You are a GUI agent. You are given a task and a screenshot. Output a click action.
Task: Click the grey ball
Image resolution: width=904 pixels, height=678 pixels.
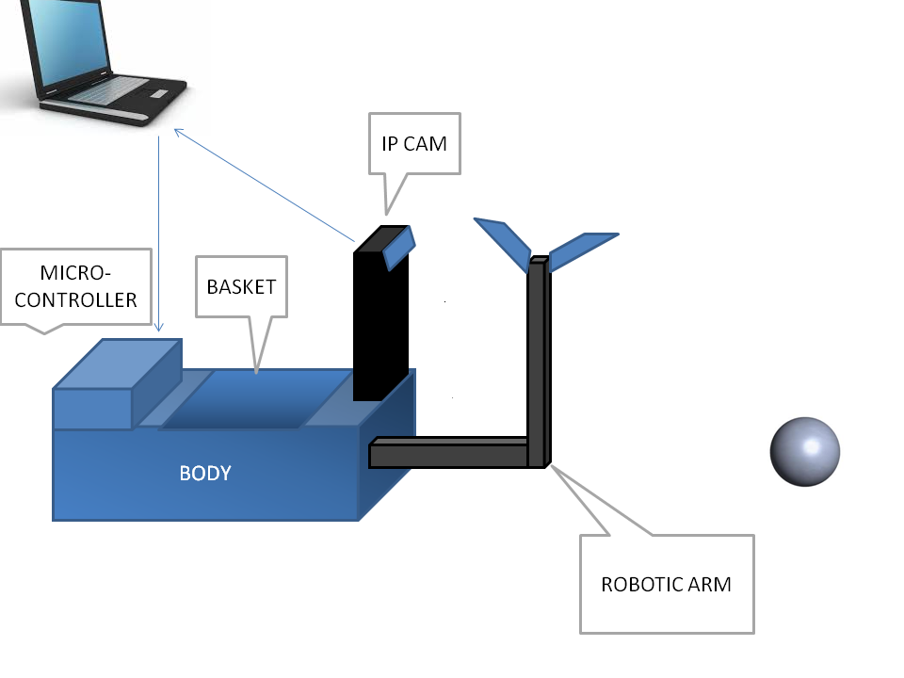pyautogui.click(x=805, y=451)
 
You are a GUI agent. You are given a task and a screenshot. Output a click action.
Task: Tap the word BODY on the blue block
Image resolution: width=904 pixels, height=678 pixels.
pyautogui.click(x=205, y=474)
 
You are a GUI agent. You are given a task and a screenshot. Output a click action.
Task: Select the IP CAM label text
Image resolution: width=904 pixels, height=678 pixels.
pyautogui.click(x=414, y=143)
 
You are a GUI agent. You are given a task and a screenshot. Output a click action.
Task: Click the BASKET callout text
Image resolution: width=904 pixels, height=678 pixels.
pyautogui.click(x=242, y=286)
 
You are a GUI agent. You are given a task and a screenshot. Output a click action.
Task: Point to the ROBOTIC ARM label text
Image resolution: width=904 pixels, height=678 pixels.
pyautogui.click(x=666, y=584)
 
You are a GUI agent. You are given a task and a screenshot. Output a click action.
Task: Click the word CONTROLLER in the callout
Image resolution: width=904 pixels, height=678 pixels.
pyautogui.click(x=75, y=299)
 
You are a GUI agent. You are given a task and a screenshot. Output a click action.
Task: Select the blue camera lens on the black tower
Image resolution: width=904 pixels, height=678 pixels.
pyautogui.click(x=399, y=248)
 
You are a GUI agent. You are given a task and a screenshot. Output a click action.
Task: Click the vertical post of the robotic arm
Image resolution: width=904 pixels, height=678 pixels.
pyautogui.click(x=539, y=362)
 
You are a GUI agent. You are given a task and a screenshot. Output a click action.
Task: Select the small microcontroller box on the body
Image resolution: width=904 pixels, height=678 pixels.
pyautogui.click(x=117, y=384)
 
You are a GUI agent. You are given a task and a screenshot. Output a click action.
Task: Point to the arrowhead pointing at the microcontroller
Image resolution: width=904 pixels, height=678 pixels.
pyautogui.click(x=159, y=327)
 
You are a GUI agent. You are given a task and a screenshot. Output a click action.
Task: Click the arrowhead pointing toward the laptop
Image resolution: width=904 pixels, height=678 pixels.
pyautogui.click(x=178, y=133)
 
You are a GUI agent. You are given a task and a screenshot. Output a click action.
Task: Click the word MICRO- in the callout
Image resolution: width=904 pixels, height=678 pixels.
pyautogui.click(x=75, y=273)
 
